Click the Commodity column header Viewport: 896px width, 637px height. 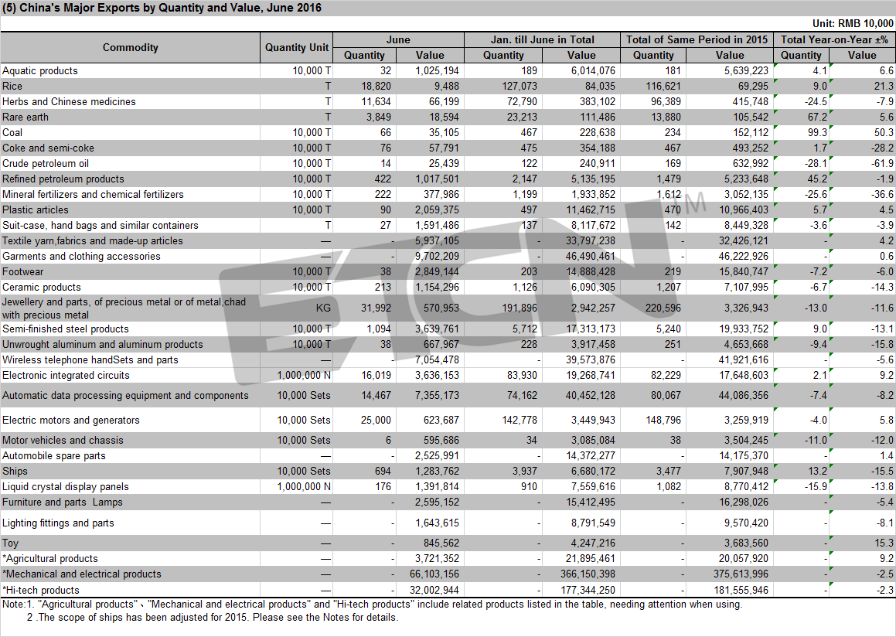pos(131,47)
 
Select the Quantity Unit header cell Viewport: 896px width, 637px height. pos(297,47)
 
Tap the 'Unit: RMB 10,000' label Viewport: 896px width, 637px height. pos(853,23)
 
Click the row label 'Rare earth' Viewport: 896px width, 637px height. pos(26,117)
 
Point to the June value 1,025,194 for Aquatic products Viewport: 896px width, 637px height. pos(437,71)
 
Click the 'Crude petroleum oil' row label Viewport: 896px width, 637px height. pos(46,163)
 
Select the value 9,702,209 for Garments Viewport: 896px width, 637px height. pos(437,257)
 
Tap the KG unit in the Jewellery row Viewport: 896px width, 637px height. pos(323,308)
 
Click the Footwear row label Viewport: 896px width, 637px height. pos(23,272)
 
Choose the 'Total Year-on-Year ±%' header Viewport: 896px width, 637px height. pos(834,39)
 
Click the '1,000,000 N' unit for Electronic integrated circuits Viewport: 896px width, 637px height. pos(304,376)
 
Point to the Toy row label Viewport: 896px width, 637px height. pos(10,543)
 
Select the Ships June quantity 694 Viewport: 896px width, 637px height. pos(383,472)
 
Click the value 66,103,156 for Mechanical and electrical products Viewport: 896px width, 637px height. pos(434,574)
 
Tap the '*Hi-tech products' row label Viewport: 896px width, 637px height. pos(40,590)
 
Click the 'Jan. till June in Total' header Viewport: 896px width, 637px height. pos(542,39)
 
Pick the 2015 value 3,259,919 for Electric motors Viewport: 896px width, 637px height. pos(746,421)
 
